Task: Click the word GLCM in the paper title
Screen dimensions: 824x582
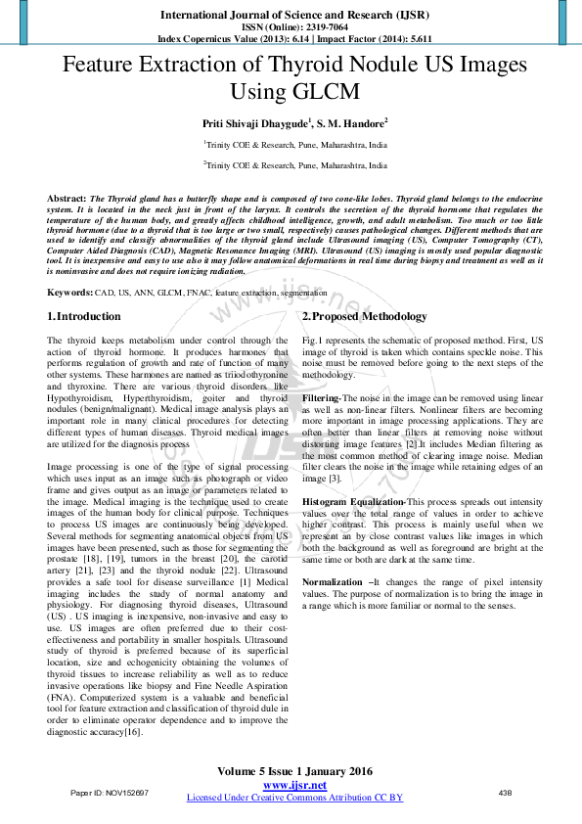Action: [x=318, y=92]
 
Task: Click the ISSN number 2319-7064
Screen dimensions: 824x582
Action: [x=317, y=28]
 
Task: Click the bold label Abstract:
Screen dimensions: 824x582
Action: [x=67, y=198]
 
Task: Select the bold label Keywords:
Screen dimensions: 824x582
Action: [x=70, y=293]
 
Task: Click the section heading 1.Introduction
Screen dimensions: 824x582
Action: [x=84, y=317]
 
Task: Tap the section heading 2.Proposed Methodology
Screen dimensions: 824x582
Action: [x=364, y=317]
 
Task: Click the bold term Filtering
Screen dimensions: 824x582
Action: [x=320, y=399]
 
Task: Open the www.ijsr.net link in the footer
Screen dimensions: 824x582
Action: [x=294, y=785]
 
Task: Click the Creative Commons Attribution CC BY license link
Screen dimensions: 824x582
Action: [x=294, y=798]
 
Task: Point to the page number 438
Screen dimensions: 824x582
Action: [x=505, y=792]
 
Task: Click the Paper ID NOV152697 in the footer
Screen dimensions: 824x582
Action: [x=110, y=792]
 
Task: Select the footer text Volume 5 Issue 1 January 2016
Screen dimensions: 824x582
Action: [x=294, y=772]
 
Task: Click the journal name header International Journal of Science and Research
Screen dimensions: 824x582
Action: [x=294, y=16]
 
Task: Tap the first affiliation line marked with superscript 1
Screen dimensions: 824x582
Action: [x=294, y=143]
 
